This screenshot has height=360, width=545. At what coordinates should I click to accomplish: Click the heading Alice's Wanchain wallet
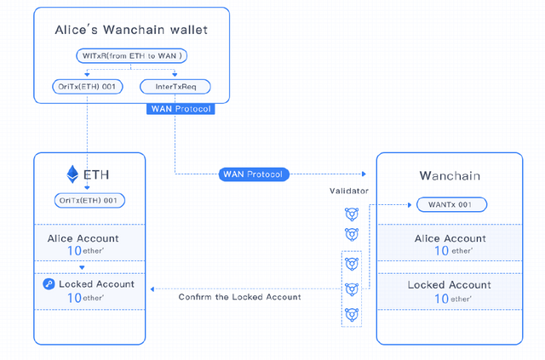point(131,30)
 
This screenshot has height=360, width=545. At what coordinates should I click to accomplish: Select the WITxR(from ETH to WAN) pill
point(132,56)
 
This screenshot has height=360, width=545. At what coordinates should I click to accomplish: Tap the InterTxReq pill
point(175,87)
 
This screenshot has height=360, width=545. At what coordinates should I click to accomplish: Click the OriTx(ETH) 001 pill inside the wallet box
point(88,87)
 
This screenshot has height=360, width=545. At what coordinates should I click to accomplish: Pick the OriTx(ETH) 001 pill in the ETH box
point(89,201)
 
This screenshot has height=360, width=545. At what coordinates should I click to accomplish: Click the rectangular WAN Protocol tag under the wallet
point(181,109)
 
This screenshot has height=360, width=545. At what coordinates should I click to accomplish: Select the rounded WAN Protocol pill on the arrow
point(254,174)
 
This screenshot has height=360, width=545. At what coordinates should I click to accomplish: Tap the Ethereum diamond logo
point(72,174)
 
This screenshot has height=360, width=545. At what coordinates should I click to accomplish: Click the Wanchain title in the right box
point(450,175)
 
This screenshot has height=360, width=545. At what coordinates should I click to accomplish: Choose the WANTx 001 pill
point(451,204)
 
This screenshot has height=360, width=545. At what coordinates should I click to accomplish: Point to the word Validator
point(349,191)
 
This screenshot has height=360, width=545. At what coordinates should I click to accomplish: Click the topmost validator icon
point(352,214)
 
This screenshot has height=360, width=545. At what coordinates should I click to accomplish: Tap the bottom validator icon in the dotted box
point(352,315)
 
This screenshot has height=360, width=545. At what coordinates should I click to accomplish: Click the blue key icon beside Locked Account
point(49,284)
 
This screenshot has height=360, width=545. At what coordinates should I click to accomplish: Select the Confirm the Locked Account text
point(239,297)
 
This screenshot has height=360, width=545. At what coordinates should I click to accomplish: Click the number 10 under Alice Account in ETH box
point(74,250)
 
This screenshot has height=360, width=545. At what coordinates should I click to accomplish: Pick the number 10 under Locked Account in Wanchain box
point(441,299)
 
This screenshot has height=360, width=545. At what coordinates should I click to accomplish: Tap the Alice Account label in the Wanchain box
point(450,238)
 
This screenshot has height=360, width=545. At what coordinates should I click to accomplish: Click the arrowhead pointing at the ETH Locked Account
point(152,289)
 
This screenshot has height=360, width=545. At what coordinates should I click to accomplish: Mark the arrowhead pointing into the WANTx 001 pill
point(410,205)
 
